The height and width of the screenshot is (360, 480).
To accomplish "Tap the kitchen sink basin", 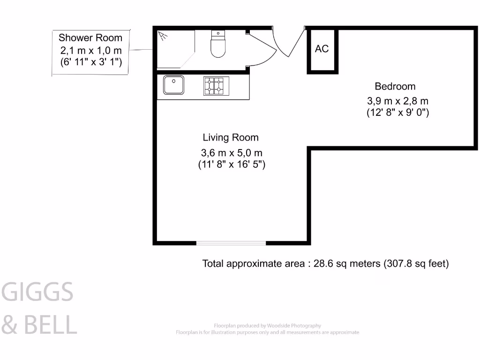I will click(x=173, y=85).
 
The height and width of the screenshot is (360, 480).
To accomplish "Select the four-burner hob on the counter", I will click(x=216, y=86).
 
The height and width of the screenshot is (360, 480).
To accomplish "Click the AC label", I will click(x=322, y=49).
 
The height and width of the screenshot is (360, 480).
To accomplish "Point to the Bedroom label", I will click(x=395, y=86).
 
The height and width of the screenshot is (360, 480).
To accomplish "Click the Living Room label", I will click(x=231, y=137).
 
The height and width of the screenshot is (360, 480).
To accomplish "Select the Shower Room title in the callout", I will click(x=90, y=38).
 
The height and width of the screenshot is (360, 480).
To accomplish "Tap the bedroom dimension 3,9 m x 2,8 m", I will click(x=397, y=101).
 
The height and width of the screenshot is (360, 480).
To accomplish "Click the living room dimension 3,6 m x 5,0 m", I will click(x=232, y=153).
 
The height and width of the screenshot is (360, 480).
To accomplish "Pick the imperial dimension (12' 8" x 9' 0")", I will click(x=397, y=112).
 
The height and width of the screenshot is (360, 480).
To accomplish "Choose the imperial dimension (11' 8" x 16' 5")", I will click(x=232, y=165).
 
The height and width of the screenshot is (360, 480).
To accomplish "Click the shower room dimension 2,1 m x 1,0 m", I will click(x=91, y=50).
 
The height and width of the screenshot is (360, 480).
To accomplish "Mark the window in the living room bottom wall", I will click(x=231, y=243).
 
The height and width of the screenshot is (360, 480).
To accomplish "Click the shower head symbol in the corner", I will click(x=163, y=35).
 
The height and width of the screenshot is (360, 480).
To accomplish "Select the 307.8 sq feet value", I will click(x=416, y=263).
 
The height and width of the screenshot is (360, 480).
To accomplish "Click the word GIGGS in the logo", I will click(x=38, y=292).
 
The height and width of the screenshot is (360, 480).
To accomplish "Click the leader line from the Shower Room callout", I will click(x=140, y=50).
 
